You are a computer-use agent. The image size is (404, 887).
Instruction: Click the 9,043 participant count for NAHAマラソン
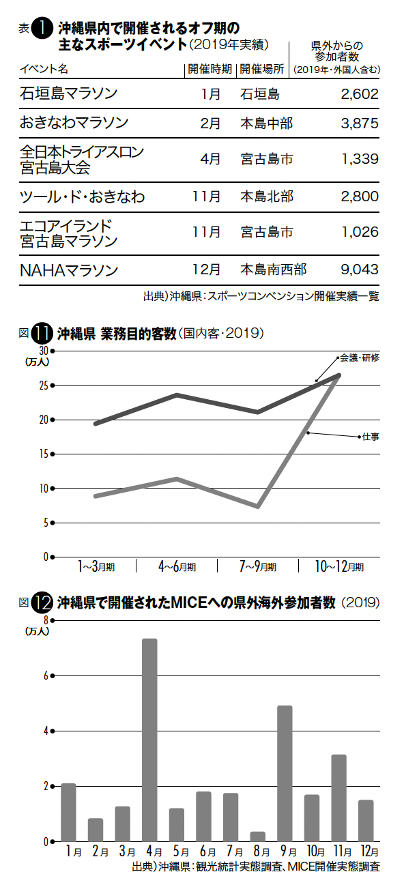pyautogui.click(x=360, y=270)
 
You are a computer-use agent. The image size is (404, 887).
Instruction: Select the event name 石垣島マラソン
pyautogui.click(x=68, y=94)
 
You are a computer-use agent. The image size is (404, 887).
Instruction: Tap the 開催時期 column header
pyautogui.click(x=210, y=70)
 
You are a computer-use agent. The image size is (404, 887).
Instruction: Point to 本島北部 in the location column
pyautogui.click(x=267, y=197)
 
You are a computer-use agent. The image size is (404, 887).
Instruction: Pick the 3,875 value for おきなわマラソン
pyautogui.click(x=360, y=123)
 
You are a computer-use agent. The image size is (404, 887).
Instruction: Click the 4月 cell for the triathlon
pyautogui.click(x=210, y=159)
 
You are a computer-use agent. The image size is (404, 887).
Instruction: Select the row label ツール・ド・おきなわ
pyautogui.click(x=82, y=197)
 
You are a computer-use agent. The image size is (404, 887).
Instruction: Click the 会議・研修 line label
pyautogui.click(x=360, y=358)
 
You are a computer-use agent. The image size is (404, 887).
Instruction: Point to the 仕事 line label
pyautogui.click(x=371, y=437)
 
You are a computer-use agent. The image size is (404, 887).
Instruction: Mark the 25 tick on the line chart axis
pyautogui.click(x=44, y=386)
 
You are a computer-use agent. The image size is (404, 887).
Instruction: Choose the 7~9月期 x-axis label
pyautogui.click(x=258, y=566)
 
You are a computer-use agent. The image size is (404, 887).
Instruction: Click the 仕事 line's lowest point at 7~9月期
pyautogui.click(x=258, y=506)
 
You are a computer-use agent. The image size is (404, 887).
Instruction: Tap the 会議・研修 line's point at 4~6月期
pyautogui.click(x=177, y=395)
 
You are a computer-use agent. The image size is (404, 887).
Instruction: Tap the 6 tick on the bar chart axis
pyautogui.click(x=46, y=676)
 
